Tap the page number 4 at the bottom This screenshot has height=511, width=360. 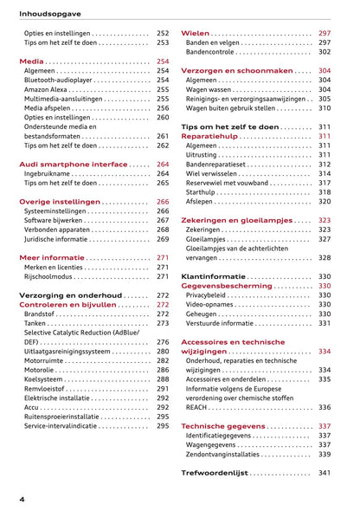click(22, 500)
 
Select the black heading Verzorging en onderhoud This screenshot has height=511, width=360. click(71, 295)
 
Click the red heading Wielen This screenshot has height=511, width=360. click(195, 33)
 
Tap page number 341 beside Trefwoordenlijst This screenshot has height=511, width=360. click(325, 473)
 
